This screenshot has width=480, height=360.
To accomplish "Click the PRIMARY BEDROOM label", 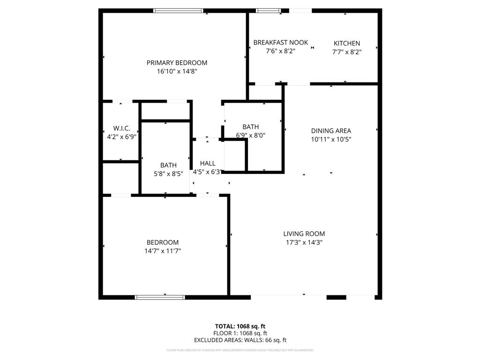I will click(x=177, y=63).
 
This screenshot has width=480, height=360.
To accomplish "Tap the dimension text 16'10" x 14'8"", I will click(x=177, y=72).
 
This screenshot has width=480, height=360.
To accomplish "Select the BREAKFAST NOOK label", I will click(x=280, y=43).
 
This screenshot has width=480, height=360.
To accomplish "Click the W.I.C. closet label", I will click(x=120, y=128).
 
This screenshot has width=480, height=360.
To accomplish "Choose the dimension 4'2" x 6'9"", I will click(x=120, y=137).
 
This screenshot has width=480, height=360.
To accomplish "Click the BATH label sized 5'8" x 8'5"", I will click(x=168, y=165).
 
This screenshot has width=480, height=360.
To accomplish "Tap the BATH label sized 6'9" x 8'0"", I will click(x=250, y=127).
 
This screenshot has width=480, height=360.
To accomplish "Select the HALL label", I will click(x=208, y=164).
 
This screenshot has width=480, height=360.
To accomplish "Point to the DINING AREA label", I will click(x=331, y=131).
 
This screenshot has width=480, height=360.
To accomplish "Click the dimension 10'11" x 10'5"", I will click(x=331, y=139).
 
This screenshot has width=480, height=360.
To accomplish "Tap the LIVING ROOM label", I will click(x=304, y=234).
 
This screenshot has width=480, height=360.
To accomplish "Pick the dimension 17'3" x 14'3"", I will click(x=304, y=242).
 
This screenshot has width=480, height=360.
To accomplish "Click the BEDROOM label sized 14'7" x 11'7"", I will click(x=163, y=242).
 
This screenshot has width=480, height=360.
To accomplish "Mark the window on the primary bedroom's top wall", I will click(x=178, y=10).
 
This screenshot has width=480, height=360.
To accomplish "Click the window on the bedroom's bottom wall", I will click(x=160, y=297).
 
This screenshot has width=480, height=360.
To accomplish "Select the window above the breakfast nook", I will click(x=268, y=10).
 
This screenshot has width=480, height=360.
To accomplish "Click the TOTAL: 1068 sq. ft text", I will click(x=240, y=326).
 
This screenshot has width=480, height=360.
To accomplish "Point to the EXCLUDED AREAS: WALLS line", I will click(x=240, y=340).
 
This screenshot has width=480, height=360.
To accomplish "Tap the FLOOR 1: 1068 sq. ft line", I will click(x=240, y=333).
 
